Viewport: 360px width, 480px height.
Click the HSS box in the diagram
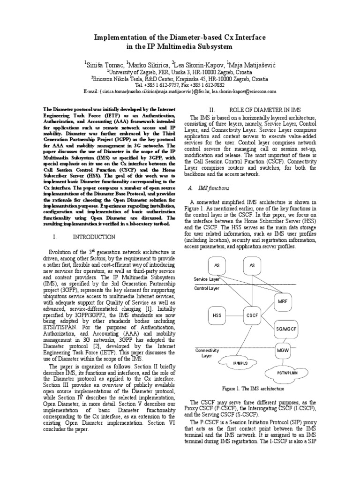click(217, 315)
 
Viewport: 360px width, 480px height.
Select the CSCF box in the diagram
click(252, 315)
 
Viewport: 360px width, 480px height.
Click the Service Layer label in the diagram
click(207, 279)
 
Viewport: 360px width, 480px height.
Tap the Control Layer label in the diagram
click(207, 288)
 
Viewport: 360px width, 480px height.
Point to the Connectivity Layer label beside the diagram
click(207, 353)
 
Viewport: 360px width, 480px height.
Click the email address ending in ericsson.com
click(243, 92)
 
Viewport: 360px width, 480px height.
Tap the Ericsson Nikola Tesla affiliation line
click(180, 79)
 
